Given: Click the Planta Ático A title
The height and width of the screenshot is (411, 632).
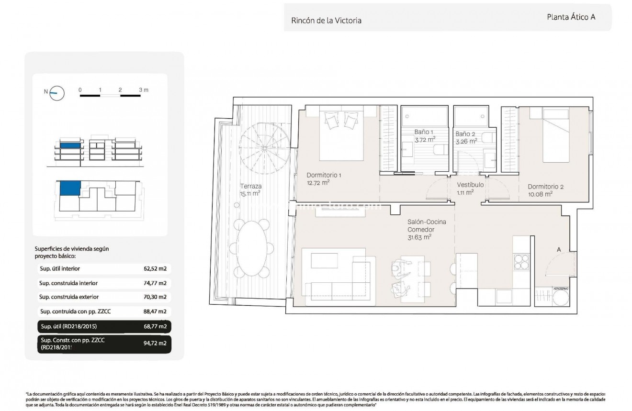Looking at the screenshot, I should [571, 17].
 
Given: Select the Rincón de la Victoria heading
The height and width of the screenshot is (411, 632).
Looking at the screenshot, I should [326, 21].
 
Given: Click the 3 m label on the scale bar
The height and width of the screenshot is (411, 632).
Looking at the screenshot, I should [143, 90].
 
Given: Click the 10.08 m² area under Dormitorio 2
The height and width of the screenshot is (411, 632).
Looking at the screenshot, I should [541, 194].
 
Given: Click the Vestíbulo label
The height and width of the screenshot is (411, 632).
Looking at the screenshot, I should [470, 185].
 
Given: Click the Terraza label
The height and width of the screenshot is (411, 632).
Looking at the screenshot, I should [250, 186].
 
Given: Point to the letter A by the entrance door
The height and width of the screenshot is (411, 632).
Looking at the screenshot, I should [558, 249].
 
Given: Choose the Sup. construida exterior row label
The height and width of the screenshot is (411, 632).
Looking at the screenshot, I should [69, 297].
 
